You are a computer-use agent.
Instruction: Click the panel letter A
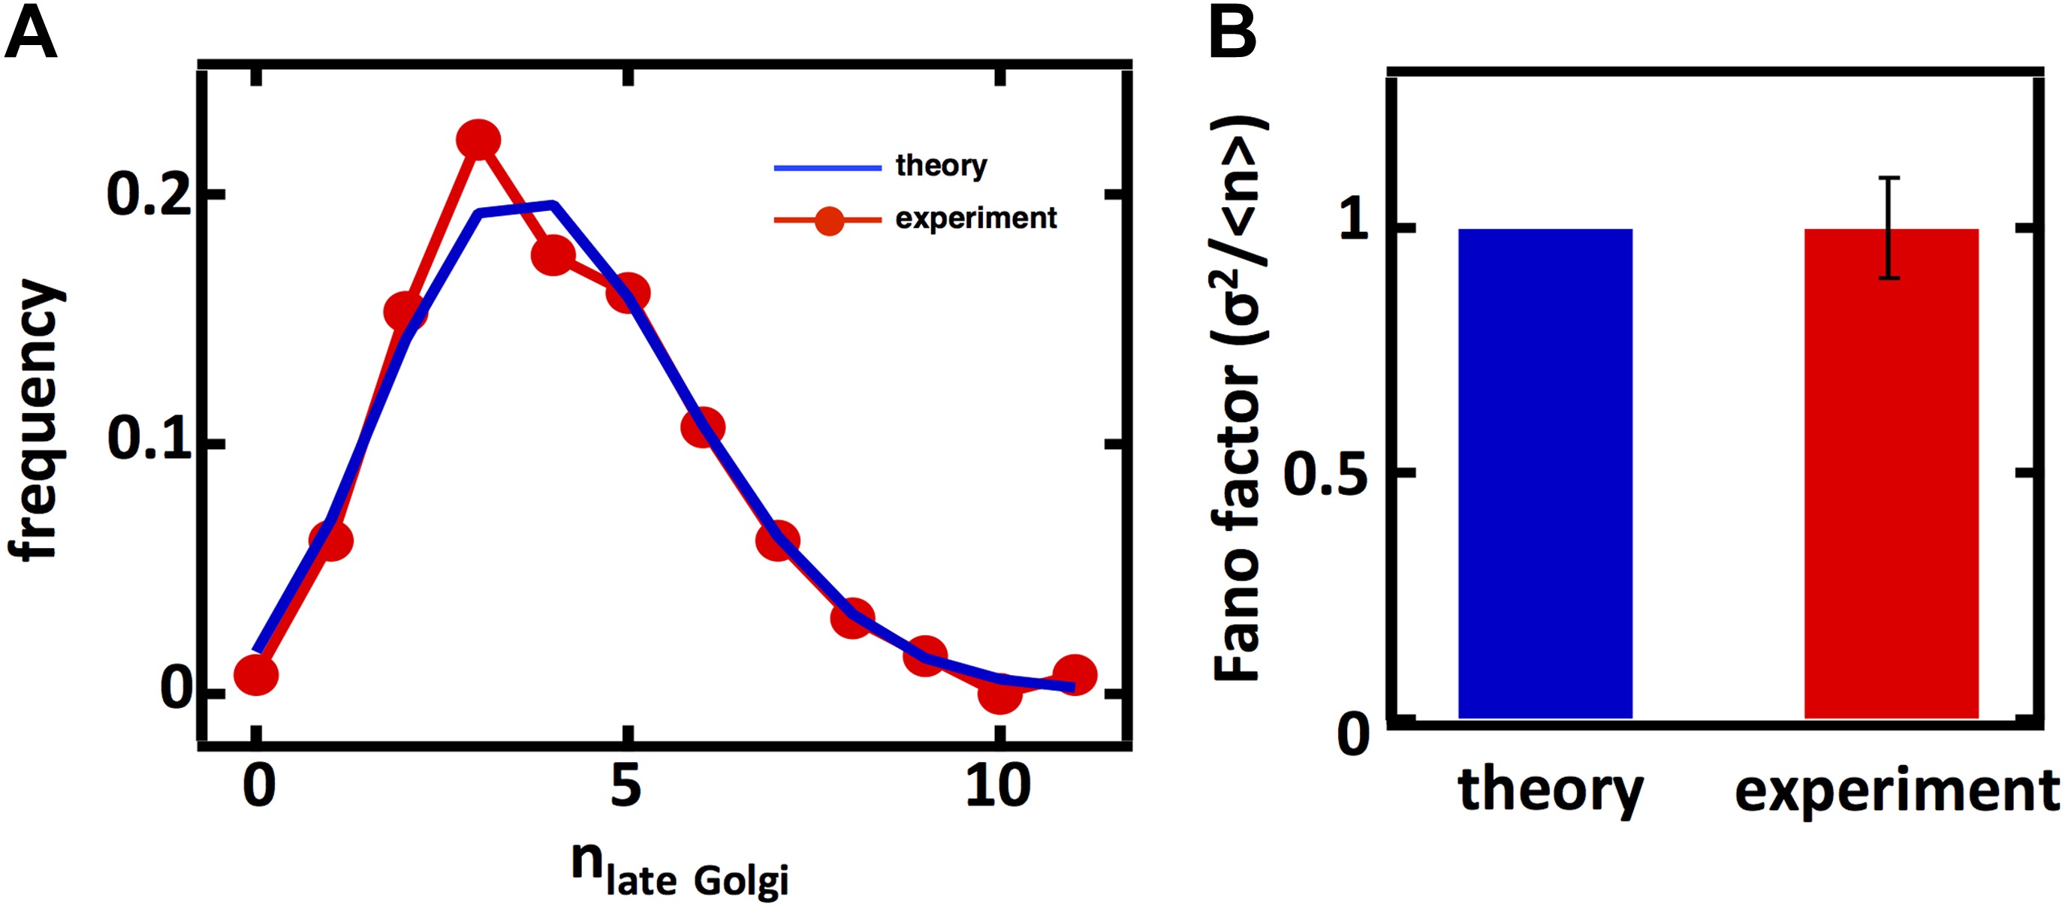31,34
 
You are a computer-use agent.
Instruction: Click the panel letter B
1232,34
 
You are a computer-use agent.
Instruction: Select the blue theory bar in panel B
1545,473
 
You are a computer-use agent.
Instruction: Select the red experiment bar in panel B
1891,473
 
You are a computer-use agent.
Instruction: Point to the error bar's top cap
1889,178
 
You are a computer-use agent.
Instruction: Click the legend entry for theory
940,166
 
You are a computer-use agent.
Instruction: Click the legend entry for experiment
975,218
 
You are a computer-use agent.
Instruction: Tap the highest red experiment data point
478,140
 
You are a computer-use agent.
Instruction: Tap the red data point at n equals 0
257,675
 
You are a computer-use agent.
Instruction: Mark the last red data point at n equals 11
1075,675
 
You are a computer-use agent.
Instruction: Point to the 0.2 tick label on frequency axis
150,194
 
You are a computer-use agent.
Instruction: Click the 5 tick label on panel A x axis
626,786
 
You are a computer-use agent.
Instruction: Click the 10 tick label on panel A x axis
997,786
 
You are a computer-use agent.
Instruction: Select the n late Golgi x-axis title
680,872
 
